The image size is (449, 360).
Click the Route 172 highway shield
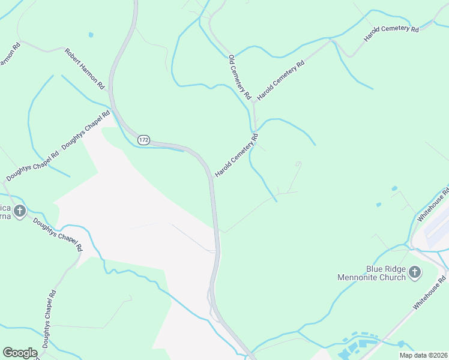[x=143, y=140]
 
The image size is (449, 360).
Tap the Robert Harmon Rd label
[x=85, y=68]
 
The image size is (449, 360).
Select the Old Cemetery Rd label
[x=240, y=77]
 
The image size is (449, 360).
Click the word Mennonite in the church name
[x=369, y=278]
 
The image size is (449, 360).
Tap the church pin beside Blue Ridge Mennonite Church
[x=415, y=274]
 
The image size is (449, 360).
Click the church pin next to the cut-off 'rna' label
[x=20, y=211]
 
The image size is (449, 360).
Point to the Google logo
[x=20, y=353]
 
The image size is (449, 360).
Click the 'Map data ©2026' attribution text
[x=423, y=355]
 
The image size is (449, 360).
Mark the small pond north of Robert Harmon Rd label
[x=91, y=35]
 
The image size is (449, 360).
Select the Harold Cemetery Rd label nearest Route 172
[x=237, y=155]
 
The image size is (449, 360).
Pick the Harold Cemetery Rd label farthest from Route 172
[x=391, y=34]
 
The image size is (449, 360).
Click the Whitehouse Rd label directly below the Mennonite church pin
[x=430, y=293]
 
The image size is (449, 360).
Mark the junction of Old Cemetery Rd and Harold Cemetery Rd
[x=254, y=103]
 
